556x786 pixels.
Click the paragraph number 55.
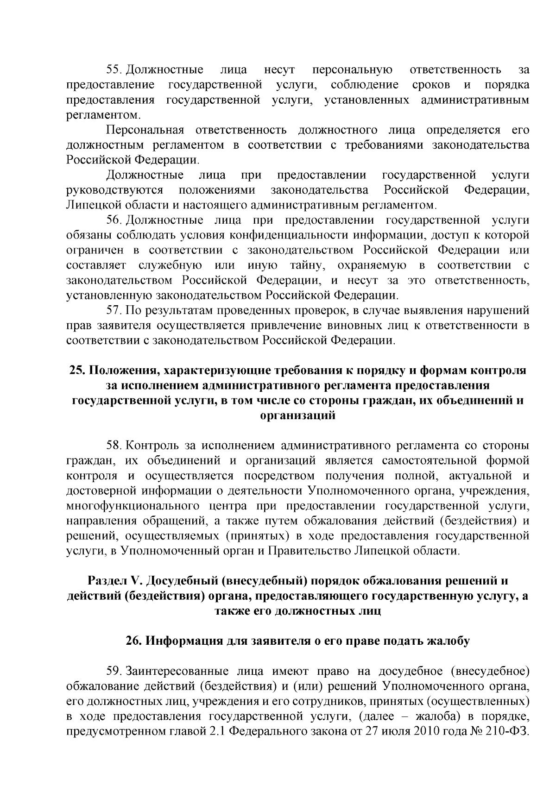pos(114,70)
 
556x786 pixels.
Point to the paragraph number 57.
pos(114,310)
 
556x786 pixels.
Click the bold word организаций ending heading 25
pos(298,415)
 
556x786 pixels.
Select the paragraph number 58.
pos(114,446)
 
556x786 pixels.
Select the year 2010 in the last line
pos(421,731)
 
